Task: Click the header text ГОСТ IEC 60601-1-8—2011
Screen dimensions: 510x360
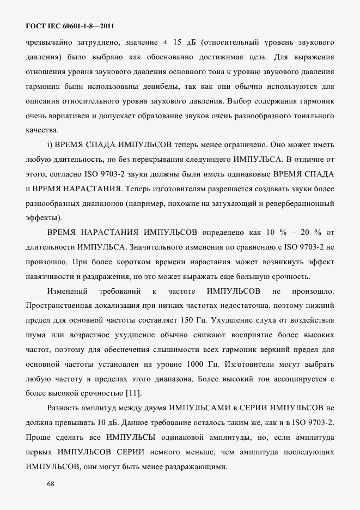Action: [x=70, y=26]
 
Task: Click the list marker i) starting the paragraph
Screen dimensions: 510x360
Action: [x=50, y=145]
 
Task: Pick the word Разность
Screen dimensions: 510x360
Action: [x=65, y=408]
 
